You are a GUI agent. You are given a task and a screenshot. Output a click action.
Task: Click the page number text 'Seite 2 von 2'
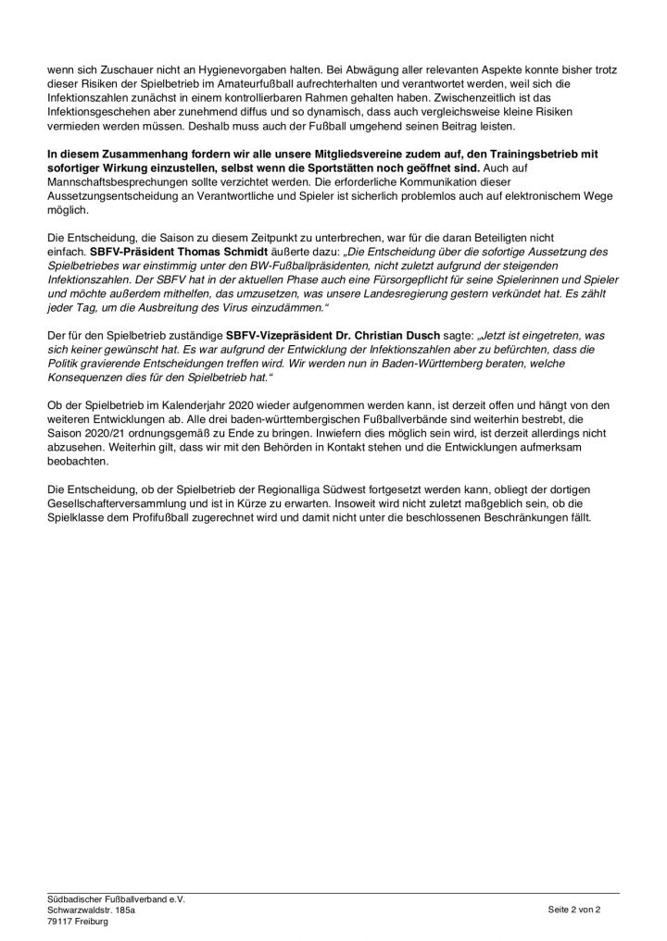click(x=574, y=910)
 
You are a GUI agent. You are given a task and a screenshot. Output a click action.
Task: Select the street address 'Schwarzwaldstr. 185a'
click(x=91, y=910)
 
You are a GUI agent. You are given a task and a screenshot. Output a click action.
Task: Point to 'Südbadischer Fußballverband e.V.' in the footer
click(x=116, y=899)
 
